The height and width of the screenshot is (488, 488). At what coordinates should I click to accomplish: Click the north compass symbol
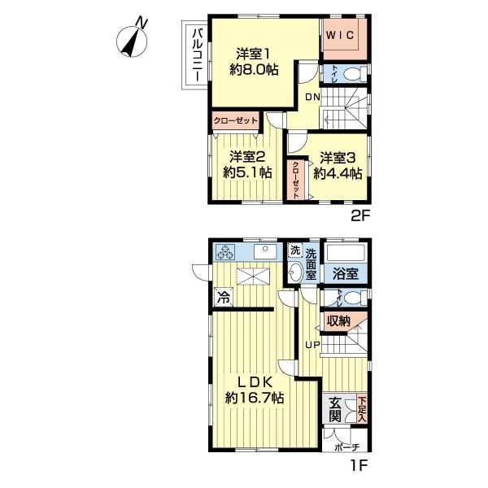[132, 41]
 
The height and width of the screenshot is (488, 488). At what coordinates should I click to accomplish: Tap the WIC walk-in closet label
[340, 35]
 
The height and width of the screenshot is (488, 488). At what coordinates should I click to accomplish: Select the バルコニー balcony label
[198, 54]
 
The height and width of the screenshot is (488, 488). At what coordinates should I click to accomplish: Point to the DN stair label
[312, 97]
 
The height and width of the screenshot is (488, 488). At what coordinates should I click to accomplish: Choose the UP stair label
[312, 345]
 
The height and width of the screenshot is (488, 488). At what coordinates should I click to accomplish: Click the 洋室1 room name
[253, 54]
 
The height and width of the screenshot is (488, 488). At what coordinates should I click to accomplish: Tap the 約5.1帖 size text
[247, 172]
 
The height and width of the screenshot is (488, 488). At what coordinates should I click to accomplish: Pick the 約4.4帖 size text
[338, 173]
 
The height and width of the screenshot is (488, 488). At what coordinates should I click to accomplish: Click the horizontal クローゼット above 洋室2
[236, 120]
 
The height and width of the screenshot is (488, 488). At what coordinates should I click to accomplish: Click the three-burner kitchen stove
[225, 251]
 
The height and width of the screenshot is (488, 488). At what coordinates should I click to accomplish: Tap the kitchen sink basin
[265, 252]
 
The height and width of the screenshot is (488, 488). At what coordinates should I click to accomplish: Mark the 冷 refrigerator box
[224, 297]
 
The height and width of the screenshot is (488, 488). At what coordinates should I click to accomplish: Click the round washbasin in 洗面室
[294, 273]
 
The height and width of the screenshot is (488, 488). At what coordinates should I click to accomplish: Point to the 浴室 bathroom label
[345, 274]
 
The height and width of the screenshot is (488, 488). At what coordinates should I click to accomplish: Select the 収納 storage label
[338, 320]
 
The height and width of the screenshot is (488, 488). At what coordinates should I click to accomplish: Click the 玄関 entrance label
[334, 409]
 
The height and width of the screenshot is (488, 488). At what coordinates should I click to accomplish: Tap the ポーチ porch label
[347, 447]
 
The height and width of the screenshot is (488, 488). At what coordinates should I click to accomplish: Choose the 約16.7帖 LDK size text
[255, 398]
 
